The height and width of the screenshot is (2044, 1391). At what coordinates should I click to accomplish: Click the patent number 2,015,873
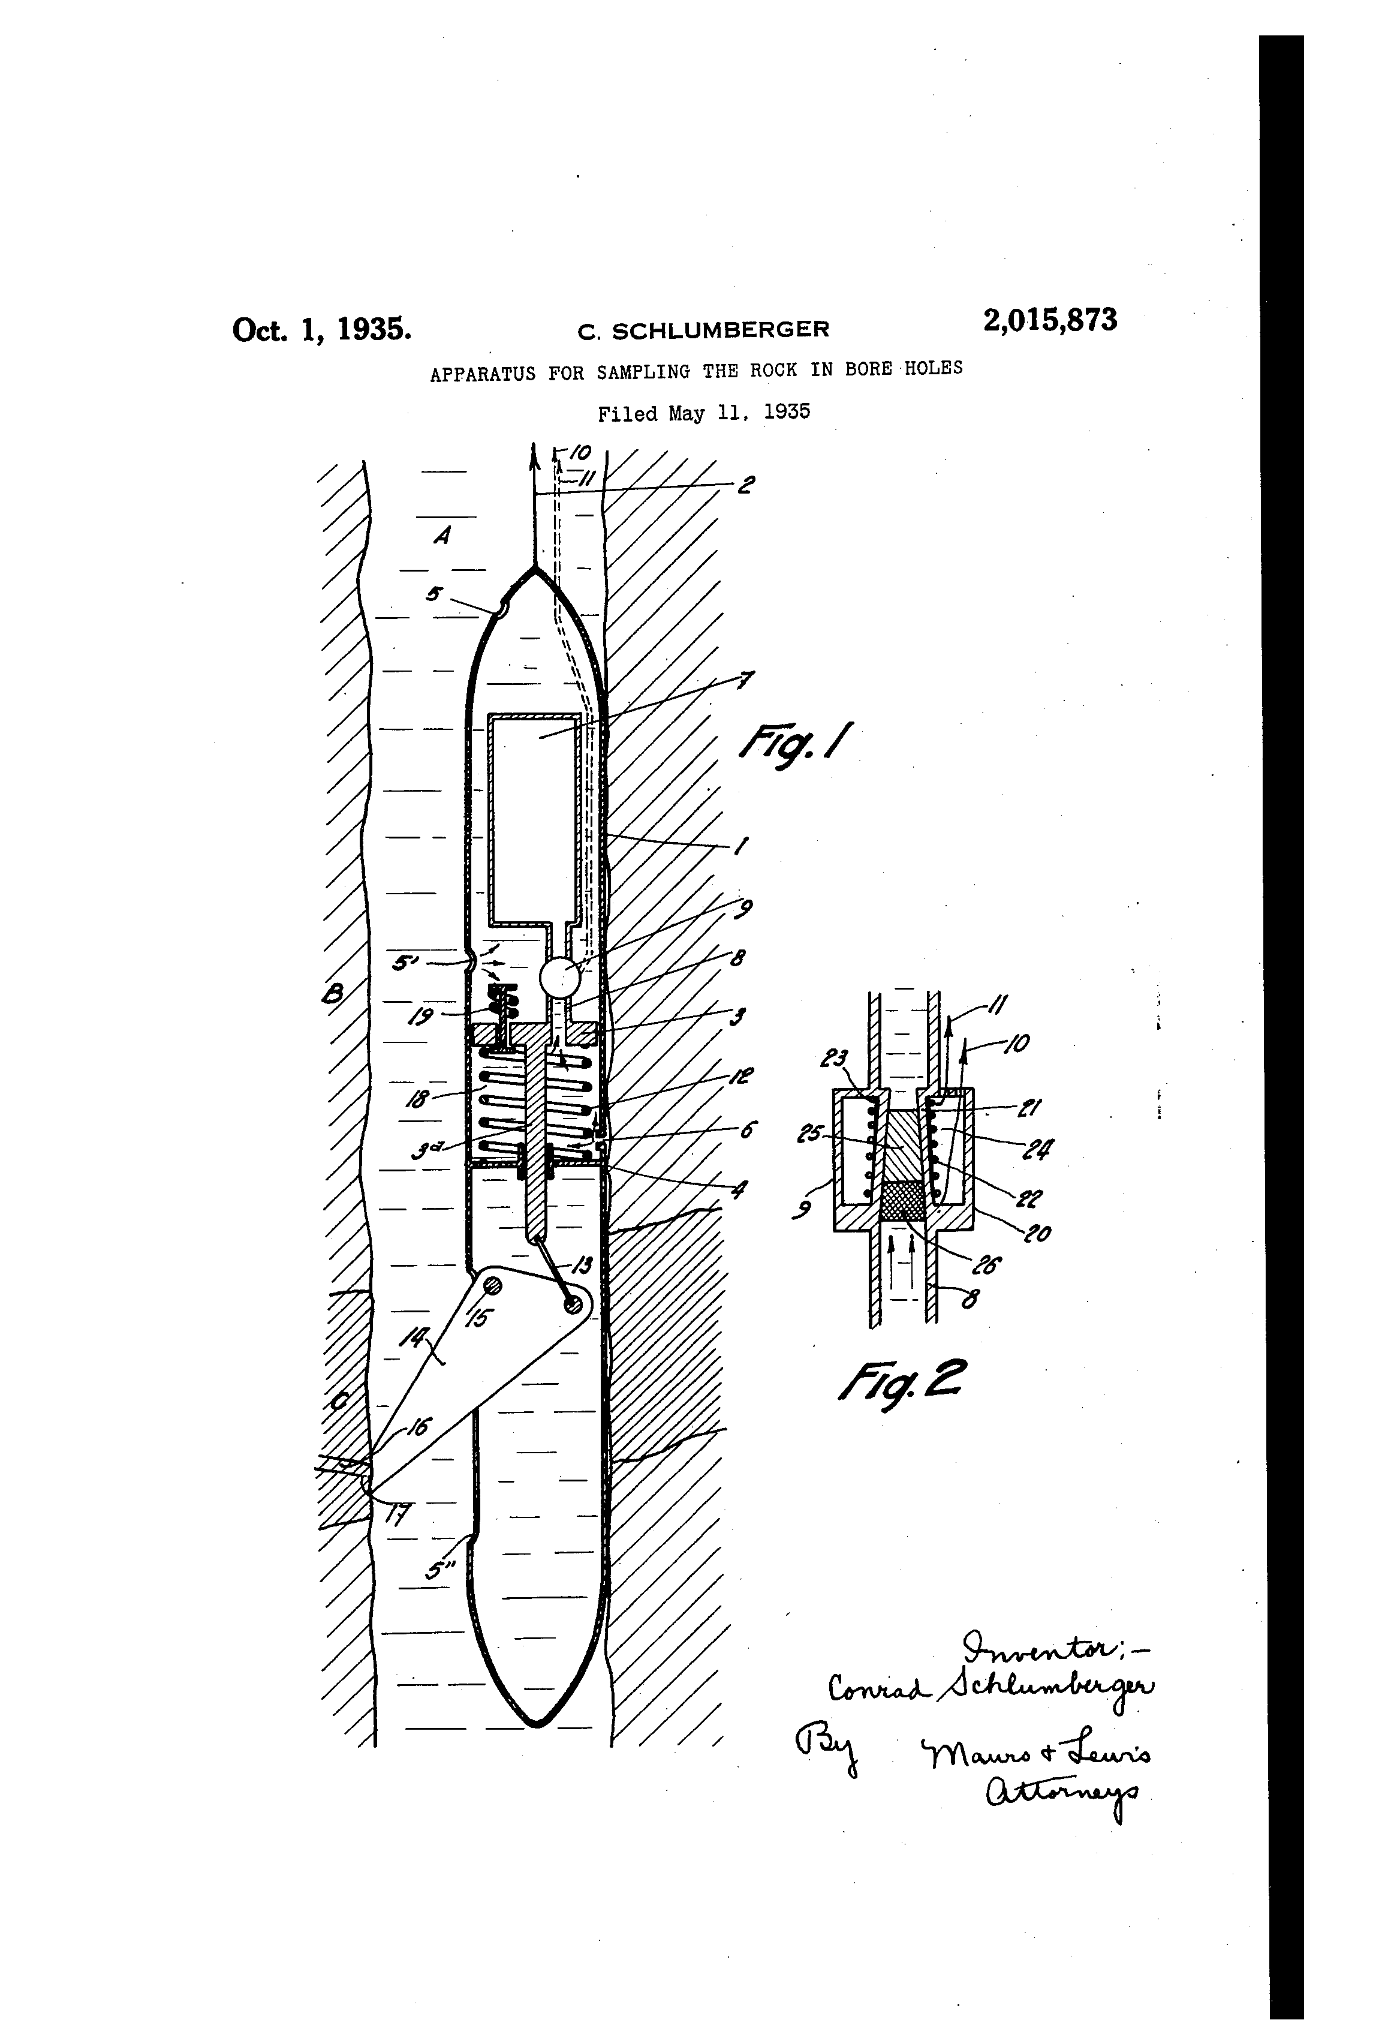click(1050, 320)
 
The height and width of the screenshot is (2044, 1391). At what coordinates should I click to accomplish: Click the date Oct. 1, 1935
click(322, 328)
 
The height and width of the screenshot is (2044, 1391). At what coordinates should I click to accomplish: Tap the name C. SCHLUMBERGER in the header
click(703, 330)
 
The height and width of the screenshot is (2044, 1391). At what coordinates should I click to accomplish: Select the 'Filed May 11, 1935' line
click(703, 413)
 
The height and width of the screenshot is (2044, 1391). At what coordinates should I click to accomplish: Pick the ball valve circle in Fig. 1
click(560, 977)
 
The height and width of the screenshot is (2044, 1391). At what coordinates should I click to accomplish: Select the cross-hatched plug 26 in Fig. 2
click(902, 1200)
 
